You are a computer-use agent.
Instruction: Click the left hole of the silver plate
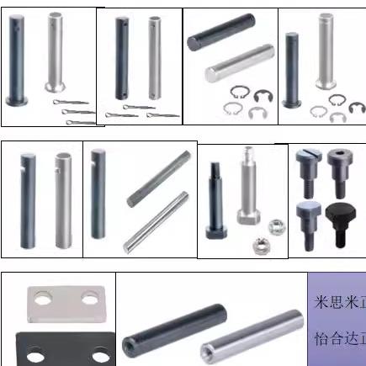44,300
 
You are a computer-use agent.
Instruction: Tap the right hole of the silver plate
85,300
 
